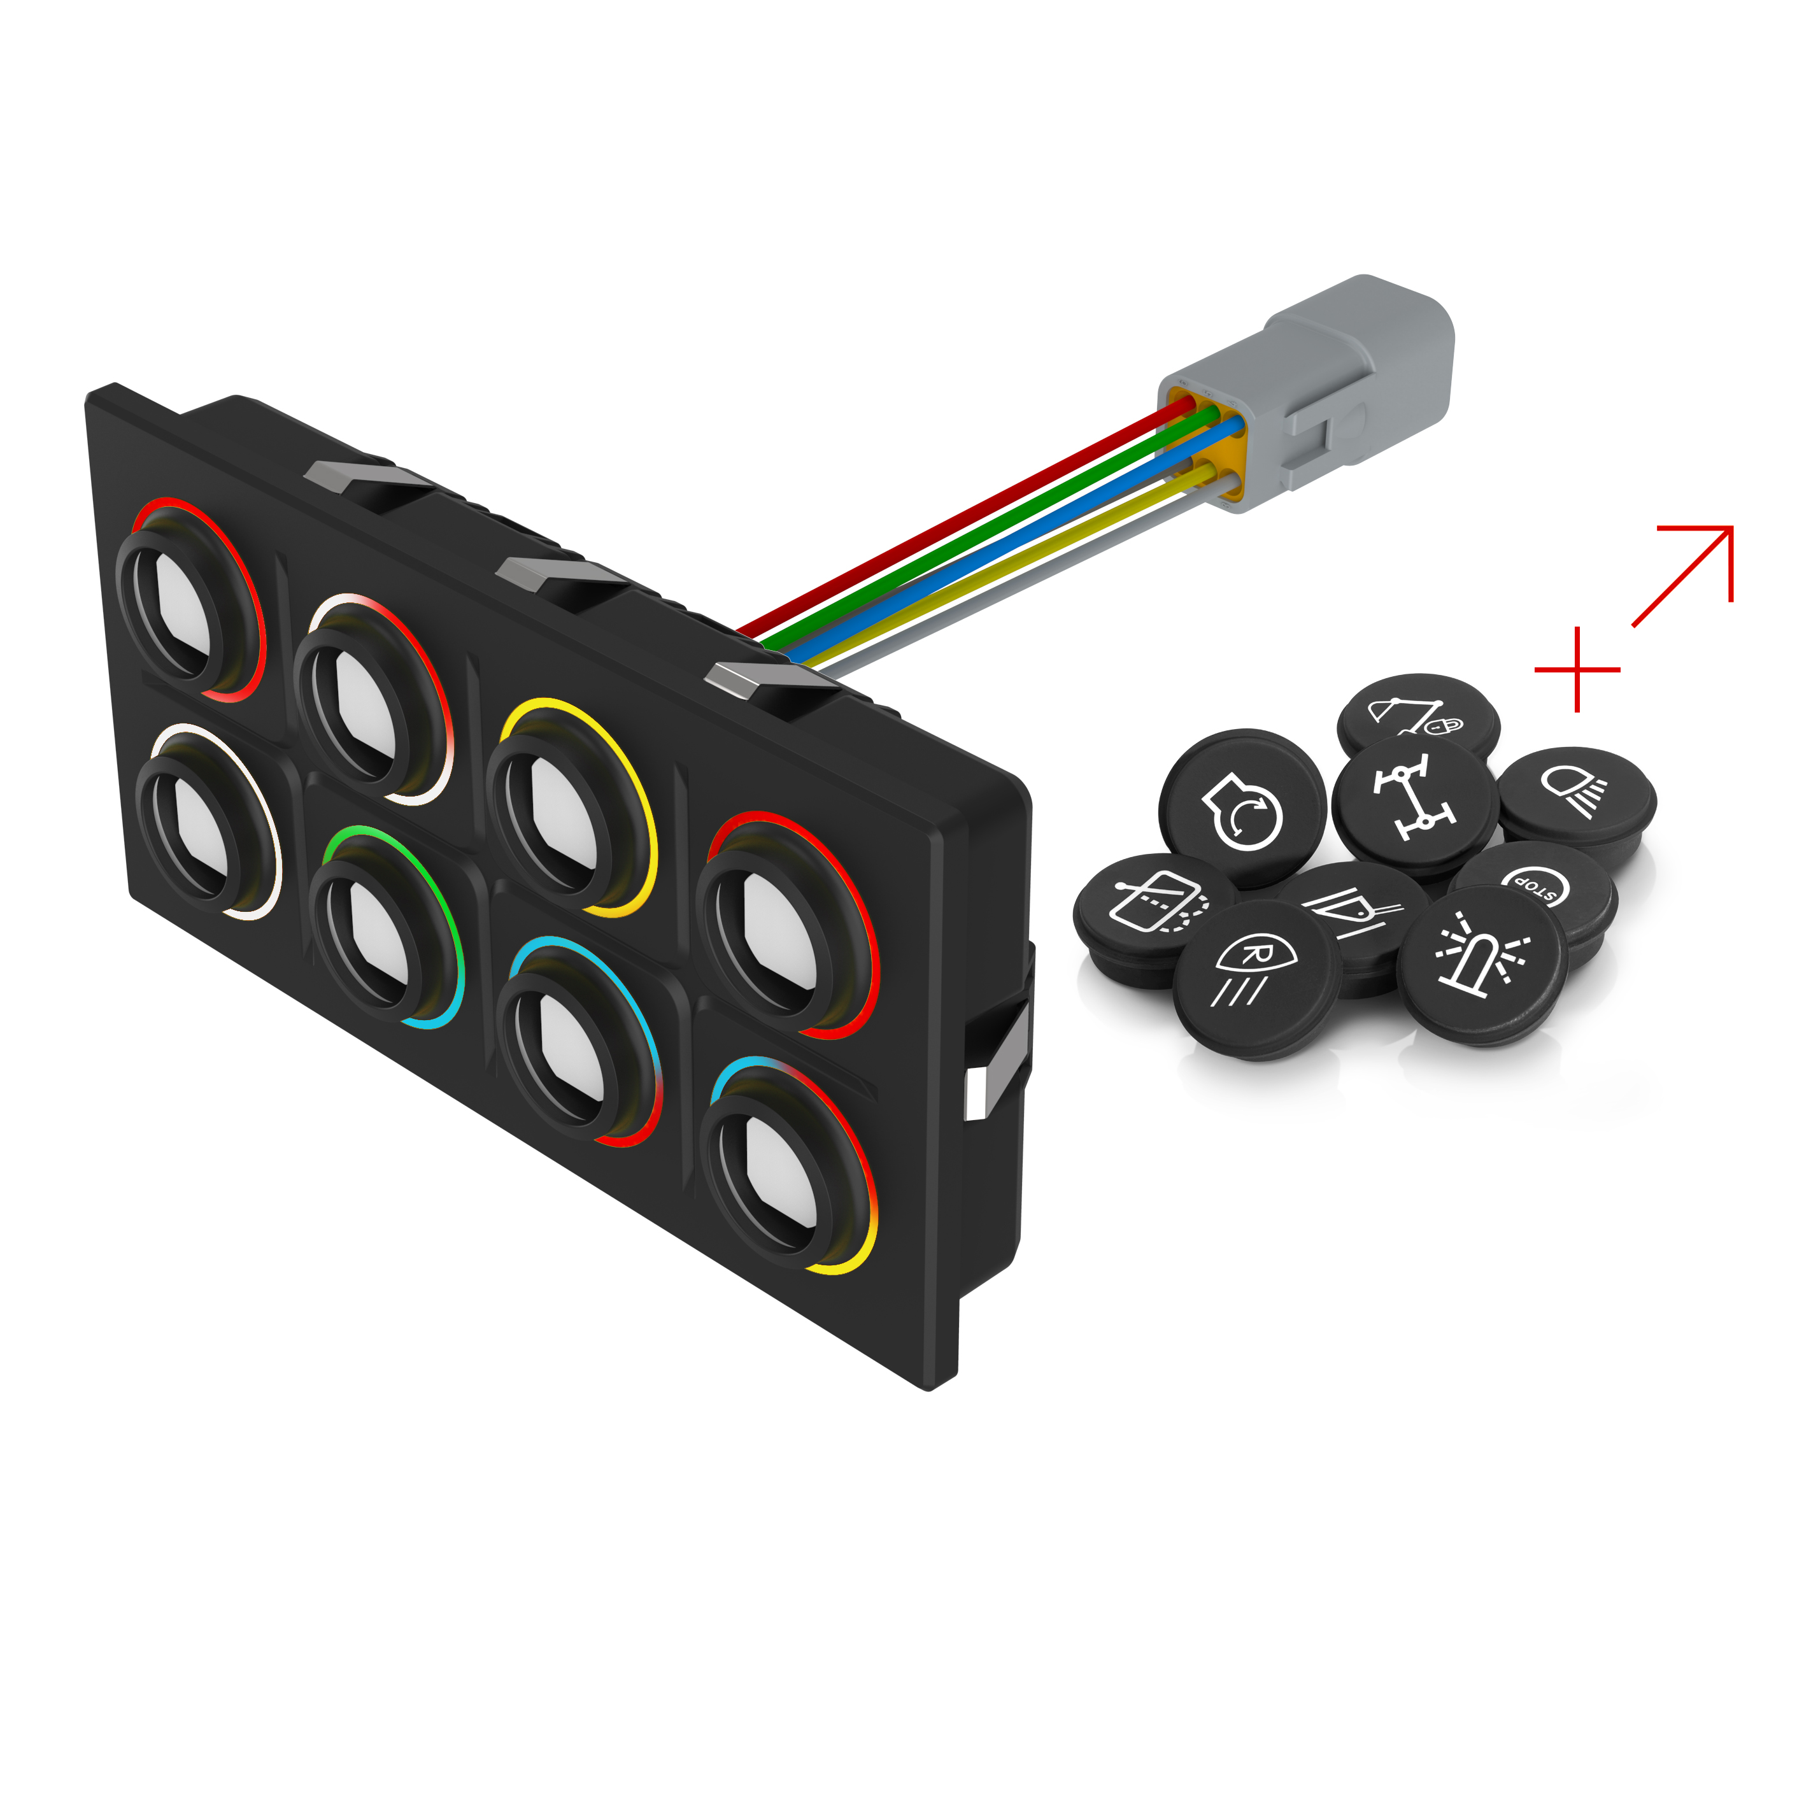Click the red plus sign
click(x=1577, y=669)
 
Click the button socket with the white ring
click(x=208, y=821)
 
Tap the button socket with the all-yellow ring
click(x=571, y=807)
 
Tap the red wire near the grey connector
click(x=1027, y=486)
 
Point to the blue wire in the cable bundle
click(x=1027, y=523)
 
